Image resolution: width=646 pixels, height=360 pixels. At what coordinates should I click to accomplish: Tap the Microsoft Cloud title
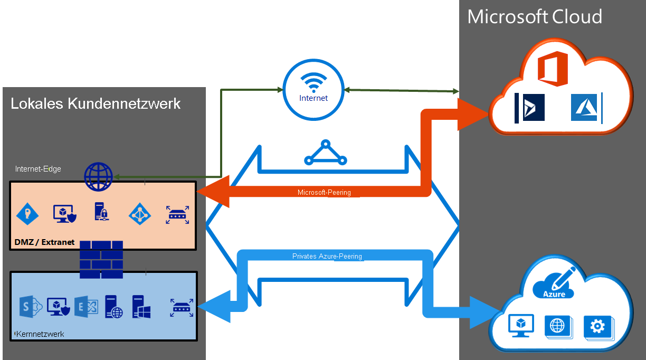[x=535, y=17]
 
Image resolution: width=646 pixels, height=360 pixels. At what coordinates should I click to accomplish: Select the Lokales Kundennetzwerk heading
[x=96, y=103]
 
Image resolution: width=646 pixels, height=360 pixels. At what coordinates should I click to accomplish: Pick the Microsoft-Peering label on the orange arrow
[x=324, y=192]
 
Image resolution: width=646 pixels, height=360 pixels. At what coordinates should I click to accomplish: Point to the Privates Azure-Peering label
[x=327, y=257]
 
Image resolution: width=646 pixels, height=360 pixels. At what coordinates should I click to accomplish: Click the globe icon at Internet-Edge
[x=99, y=177]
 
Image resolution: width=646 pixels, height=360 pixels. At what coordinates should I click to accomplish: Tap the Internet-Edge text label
[x=38, y=169]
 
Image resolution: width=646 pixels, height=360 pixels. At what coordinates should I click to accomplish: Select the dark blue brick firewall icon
[x=101, y=259]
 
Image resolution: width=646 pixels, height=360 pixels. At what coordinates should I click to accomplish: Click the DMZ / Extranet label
[x=44, y=242]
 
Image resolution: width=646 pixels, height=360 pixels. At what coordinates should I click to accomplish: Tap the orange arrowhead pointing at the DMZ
[x=214, y=193]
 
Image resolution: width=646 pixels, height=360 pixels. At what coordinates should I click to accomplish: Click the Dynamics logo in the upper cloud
[x=530, y=108]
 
